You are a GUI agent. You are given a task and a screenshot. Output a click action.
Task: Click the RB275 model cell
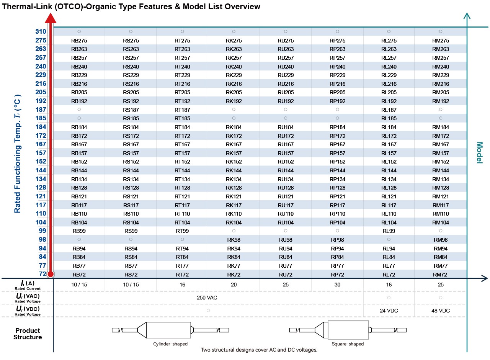(x=79, y=41)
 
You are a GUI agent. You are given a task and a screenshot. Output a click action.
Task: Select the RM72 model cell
(x=441, y=275)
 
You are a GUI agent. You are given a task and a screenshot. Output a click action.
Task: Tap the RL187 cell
(x=389, y=110)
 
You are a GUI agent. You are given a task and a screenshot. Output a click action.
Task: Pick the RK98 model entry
(x=234, y=240)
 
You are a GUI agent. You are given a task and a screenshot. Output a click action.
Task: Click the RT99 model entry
(x=182, y=231)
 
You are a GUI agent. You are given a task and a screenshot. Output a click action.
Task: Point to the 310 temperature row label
(x=41, y=31)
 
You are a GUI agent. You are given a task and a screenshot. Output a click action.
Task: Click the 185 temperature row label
(x=41, y=118)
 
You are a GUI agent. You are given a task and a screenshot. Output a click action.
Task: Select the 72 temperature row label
(x=42, y=274)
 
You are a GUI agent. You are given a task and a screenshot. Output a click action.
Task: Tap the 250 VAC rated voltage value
(x=207, y=298)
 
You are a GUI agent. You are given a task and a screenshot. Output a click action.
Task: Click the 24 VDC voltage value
(x=389, y=311)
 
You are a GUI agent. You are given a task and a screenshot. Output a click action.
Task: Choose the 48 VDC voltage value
(x=441, y=311)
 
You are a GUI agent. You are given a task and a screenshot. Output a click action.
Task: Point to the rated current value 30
(x=337, y=285)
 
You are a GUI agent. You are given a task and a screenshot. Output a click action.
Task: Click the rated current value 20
(x=234, y=285)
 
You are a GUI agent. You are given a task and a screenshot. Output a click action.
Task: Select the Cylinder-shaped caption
(x=170, y=344)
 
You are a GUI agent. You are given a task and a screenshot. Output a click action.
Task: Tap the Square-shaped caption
(x=348, y=344)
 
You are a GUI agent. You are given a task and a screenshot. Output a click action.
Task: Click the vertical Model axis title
(x=480, y=152)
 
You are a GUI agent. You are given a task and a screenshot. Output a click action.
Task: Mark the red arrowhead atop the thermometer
(x=51, y=18)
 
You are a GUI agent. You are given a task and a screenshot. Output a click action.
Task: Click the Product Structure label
(x=28, y=334)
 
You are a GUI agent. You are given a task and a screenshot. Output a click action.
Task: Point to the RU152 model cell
(x=286, y=162)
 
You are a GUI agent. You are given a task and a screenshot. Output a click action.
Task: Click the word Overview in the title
(x=242, y=7)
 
